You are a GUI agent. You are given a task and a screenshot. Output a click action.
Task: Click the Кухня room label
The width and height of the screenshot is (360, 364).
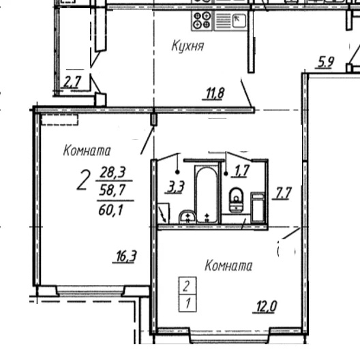tap(187, 46)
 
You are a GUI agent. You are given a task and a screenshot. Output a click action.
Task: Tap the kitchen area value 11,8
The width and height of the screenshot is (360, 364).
tap(215, 93)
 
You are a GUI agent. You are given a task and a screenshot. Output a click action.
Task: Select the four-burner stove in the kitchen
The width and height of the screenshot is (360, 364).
tap(202, 20)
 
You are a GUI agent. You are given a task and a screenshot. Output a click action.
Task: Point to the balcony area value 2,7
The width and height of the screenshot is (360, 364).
tap(72, 82)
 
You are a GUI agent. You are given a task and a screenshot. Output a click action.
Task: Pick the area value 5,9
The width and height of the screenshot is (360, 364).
tap(326, 62)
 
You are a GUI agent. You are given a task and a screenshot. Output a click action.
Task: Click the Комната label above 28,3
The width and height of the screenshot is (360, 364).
tap(87, 150)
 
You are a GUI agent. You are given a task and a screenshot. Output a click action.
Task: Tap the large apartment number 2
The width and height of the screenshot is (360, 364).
tap(83, 180)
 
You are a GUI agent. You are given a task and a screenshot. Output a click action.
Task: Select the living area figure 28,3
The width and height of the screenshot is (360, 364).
tap(113, 172)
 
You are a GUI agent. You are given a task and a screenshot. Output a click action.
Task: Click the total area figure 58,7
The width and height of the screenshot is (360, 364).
tap(112, 190)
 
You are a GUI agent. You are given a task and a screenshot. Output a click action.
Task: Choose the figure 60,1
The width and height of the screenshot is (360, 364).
tap(110, 211)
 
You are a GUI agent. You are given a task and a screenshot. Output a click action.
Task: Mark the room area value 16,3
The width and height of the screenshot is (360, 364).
tap(126, 256)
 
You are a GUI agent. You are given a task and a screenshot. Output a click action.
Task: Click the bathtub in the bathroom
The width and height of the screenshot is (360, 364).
tap(206, 194)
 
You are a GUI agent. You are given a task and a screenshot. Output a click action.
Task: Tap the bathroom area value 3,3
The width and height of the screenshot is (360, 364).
tap(176, 187)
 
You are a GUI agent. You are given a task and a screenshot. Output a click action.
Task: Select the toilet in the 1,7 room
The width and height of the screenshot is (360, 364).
tap(236, 200)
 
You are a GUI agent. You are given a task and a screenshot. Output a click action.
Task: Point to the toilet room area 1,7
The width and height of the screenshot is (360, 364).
tap(242, 171)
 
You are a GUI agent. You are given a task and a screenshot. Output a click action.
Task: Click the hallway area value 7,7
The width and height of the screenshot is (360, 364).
tap(282, 193)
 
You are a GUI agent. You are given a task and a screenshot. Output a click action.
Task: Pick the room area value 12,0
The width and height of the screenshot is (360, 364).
tap(266, 306)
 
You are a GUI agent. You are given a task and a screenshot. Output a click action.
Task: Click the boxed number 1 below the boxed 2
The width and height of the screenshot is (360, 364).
tap(188, 303)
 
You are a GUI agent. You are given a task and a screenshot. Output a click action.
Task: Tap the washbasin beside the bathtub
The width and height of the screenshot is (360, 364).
tap(187, 217)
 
